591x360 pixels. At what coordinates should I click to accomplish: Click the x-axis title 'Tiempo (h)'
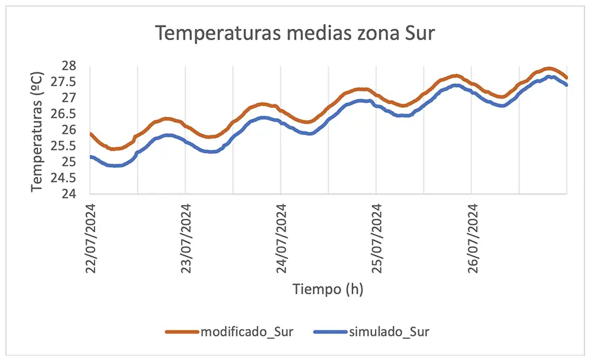tap(328, 288)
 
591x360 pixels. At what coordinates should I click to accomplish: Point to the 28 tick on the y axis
tap(68, 66)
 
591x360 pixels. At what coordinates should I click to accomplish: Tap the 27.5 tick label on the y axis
tap(64, 81)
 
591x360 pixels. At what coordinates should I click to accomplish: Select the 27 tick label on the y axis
tap(68, 97)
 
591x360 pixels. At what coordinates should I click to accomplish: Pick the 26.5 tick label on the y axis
tap(64, 114)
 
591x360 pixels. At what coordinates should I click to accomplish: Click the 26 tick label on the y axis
tap(68, 129)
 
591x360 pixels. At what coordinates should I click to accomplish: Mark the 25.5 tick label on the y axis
tap(64, 146)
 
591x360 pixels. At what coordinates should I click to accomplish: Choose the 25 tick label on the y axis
tap(68, 162)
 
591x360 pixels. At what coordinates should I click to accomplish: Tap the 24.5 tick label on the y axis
tap(64, 177)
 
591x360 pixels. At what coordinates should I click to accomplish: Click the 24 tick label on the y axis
tap(68, 194)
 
